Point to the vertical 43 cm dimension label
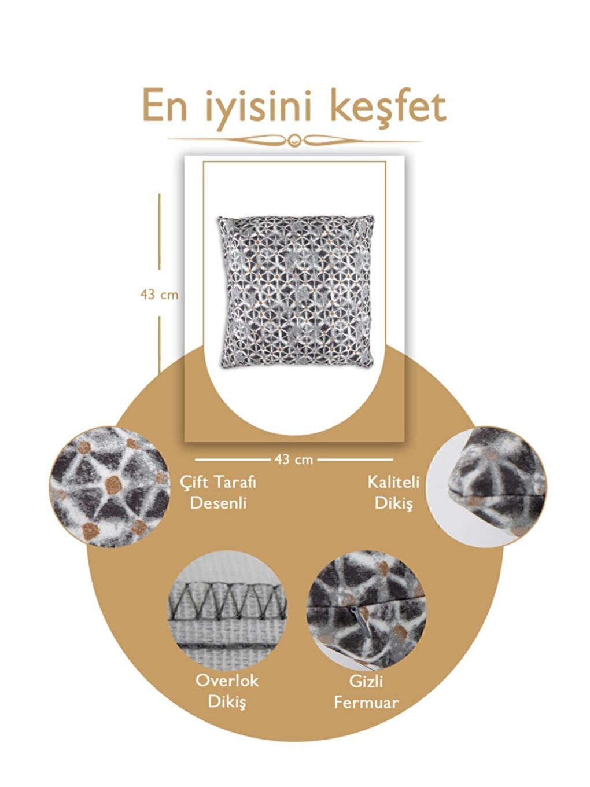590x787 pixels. [x=159, y=295]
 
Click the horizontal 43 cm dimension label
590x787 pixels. [x=293, y=459]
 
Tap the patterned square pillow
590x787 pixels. [x=296, y=291]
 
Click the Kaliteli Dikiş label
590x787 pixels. [x=393, y=492]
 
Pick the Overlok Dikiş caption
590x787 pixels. [x=227, y=690]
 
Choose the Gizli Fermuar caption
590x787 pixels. [x=366, y=692]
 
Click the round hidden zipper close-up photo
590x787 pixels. [x=366, y=609]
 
